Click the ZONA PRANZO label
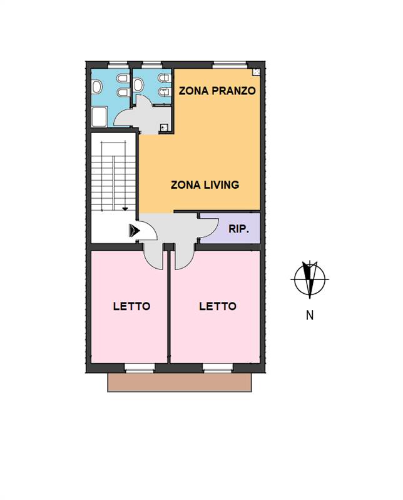tap(217, 91)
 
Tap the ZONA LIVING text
tap(205, 185)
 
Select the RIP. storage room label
tap(238, 229)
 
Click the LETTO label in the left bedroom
tap(131, 306)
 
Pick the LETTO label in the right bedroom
tap(218, 306)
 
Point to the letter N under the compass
tap(309, 315)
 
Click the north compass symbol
tap(309, 279)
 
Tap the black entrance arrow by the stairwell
tap(135, 230)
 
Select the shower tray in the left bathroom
tap(99, 117)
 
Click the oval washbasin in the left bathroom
tap(97, 87)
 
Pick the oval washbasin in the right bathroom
tap(138, 85)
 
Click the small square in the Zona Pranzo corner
tap(256, 72)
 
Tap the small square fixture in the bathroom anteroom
tap(164, 128)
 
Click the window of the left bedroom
tap(139, 368)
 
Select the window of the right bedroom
tap(218, 368)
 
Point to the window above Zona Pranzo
tap(230, 65)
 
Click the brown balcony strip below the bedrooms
tap(180, 382)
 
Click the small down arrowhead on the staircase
tap(125, 209)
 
